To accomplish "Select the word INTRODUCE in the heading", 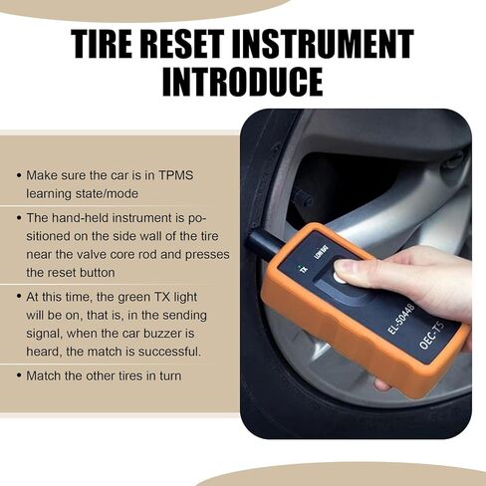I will click(x=242, y=82).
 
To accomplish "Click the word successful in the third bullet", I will click(x=169, y=352).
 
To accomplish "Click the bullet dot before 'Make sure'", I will click(x=19, y=174).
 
